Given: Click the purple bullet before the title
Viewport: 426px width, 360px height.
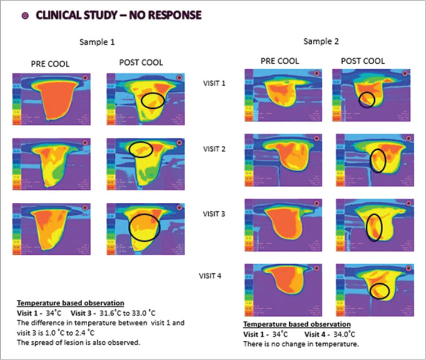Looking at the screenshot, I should (x=25, y=15).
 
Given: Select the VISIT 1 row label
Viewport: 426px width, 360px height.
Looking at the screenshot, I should (x=215, y=83).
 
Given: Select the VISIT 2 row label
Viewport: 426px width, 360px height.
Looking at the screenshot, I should (x=215, y=149).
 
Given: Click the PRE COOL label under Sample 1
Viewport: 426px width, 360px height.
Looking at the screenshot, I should (x=50, y=64).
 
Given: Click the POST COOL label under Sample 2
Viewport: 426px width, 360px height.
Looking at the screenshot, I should (x=363, y=60).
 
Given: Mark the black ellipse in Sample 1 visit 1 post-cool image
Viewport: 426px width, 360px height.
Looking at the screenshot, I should (x=153, y=101).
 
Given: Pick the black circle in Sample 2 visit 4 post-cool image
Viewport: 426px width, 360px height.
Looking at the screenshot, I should (x=380, y=291).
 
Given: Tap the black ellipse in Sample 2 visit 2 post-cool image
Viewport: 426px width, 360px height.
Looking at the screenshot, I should (x=378, y=161).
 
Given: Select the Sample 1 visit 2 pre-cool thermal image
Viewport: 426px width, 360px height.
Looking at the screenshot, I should (x=50, y=164).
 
